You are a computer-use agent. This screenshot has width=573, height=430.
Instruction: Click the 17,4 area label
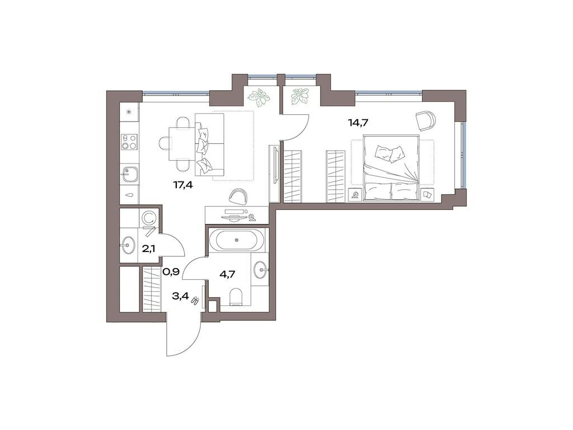pos(183,185)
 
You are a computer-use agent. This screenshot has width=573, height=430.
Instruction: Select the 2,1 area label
pos(148,248)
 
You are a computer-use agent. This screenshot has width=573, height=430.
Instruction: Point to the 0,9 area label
pos(170,272)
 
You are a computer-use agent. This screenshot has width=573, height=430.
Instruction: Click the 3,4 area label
pos(180,296)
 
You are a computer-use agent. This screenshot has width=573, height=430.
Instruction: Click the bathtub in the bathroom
pos(237,240)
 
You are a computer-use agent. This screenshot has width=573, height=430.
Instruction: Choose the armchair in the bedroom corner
pos(425,120)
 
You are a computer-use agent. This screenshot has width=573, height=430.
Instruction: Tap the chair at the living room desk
pos(238,195)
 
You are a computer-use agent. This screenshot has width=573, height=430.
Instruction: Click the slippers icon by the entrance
pos(195,301)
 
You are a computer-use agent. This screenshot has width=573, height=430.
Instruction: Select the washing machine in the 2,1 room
pos(149,217)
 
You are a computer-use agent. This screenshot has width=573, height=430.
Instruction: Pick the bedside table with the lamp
pos(355,195)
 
